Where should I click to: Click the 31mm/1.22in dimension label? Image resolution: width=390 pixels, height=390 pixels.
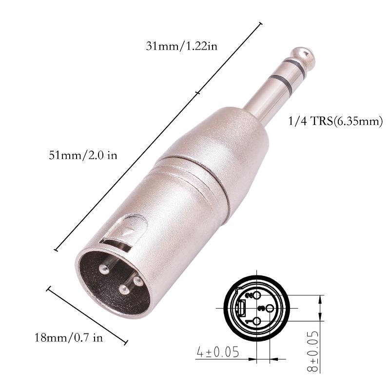[181, 47]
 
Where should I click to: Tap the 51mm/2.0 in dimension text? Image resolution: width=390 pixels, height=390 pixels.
[83, 156]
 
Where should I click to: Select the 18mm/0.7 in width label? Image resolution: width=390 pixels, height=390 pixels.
[69, 338]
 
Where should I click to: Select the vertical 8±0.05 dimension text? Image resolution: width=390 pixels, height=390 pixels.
[314, 351]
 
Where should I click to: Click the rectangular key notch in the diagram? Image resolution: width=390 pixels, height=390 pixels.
[242, 309]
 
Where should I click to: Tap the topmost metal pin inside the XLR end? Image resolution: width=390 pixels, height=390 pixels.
[107, 268]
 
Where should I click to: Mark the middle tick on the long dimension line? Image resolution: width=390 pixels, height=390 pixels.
[197, 92]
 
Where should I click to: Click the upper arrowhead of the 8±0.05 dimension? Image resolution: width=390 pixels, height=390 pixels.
[320, 298]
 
